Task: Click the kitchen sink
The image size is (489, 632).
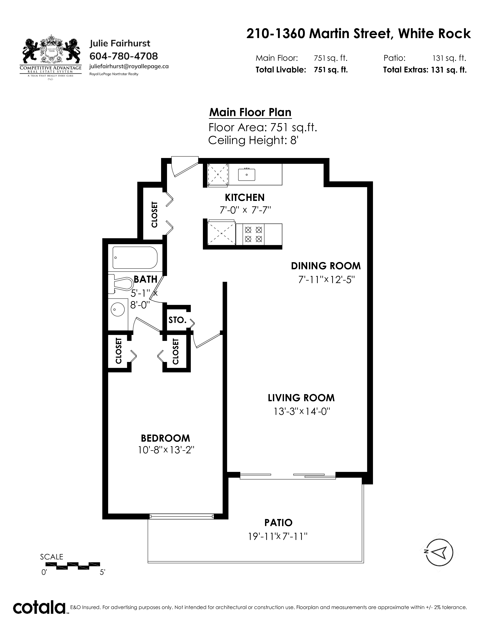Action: pos(247,174)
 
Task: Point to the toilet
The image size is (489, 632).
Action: pos(120,284)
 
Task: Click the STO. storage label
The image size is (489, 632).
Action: pos(177,320)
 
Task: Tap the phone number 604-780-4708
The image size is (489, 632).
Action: pos(124,56)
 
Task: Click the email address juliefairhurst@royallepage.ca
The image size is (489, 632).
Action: pos(129,66)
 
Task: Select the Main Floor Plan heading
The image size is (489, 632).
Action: pos(250,112)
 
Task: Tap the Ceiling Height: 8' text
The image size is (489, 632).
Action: pos(253,140)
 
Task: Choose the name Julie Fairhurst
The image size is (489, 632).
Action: pos(120,43)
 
